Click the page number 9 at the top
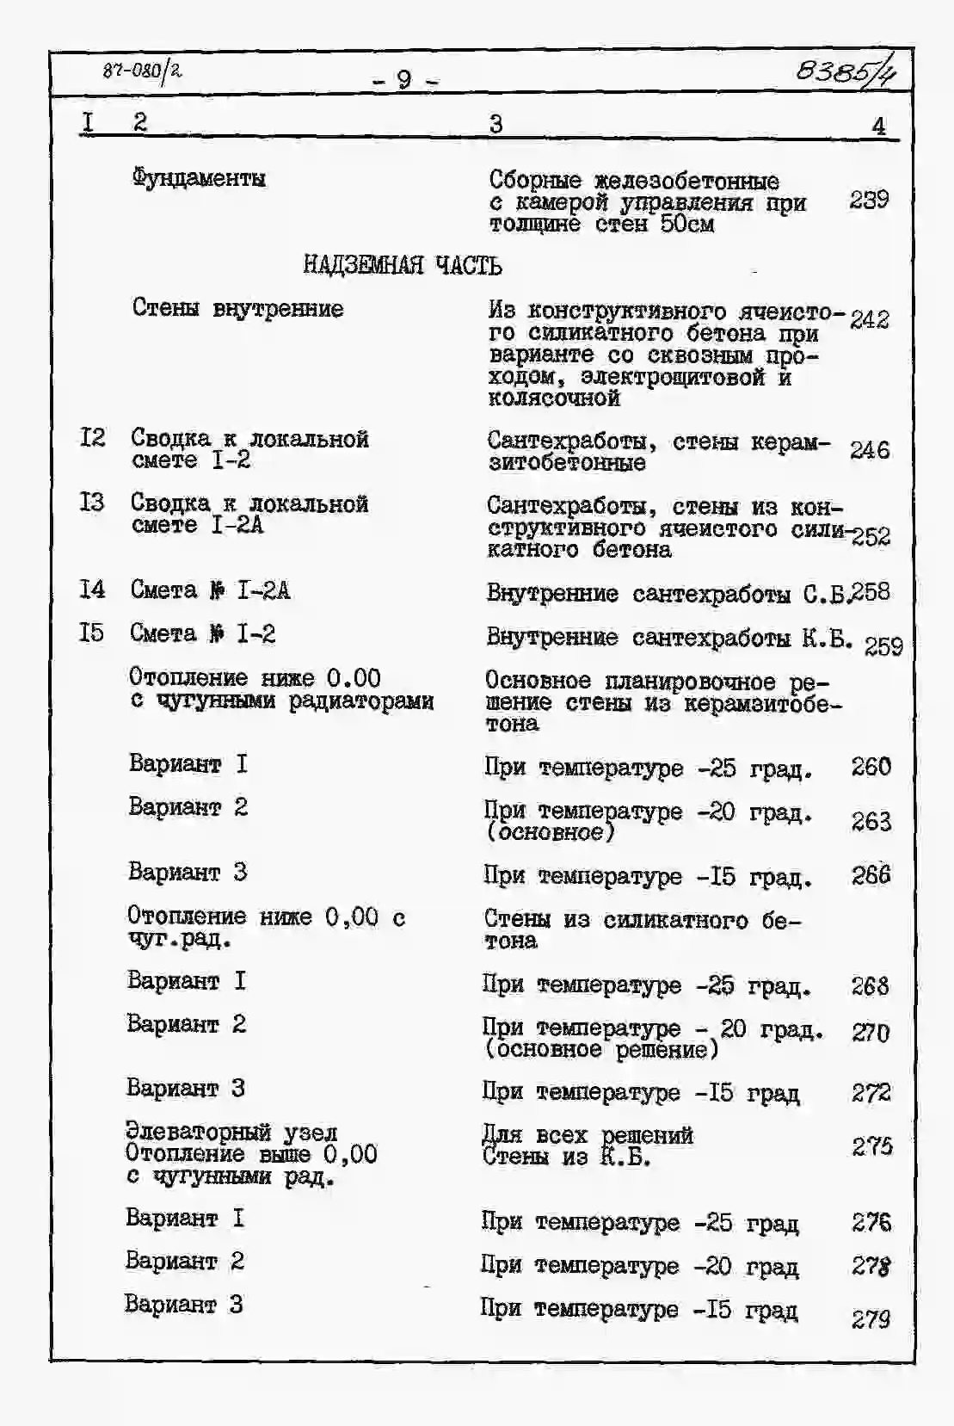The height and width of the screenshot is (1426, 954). click(403, 80)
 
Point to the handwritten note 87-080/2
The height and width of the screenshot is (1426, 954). click(142, 71)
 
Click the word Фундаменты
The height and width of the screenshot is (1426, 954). click(199, 178)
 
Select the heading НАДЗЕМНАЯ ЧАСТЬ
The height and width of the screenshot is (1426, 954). click(402, 265)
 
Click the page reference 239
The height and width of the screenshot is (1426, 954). click(869, 200)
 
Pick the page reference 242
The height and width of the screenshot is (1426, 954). click(869, 319)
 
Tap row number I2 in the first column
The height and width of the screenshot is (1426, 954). click(92, 438)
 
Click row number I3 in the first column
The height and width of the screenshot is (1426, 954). click(92, 502)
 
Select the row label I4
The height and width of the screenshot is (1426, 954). click(92, 590)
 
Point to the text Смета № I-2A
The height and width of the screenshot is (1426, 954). click(210, 590)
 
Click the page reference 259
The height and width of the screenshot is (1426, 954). click(883, 645)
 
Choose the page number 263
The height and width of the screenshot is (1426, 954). click(871, 821)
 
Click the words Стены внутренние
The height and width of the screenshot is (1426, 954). click(237, 308)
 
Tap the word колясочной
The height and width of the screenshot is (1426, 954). click(554, 398)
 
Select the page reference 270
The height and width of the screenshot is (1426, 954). click(871, 1032)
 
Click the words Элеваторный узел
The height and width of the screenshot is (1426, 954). click(231, 1132)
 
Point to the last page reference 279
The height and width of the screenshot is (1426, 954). click(871, 1318)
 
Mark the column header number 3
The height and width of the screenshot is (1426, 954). click(495, 124)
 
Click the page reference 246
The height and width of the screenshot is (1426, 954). click(869, 450)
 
